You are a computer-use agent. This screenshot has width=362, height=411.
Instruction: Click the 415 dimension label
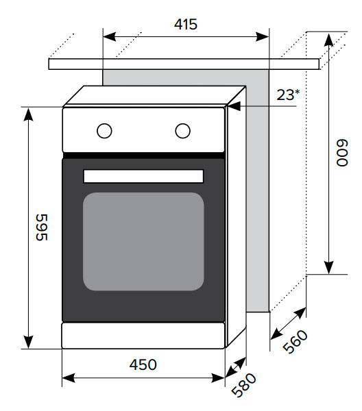[x=186, y=24]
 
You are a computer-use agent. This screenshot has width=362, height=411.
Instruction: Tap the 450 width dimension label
[x=143, y=364]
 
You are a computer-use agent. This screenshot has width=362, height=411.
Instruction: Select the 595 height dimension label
[x=41, y=227]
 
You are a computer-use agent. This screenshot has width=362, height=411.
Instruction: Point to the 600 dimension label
[x=342, y=153]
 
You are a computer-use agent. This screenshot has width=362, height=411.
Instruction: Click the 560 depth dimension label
[x=295, y=342]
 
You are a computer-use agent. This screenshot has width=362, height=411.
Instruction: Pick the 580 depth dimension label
[x=243, y=385]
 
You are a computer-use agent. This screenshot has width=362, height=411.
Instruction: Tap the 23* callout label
[x=288, y=95]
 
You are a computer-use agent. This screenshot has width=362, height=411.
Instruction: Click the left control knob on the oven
[x=104, y=131]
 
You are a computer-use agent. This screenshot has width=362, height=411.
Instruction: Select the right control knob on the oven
[x=183, y=131]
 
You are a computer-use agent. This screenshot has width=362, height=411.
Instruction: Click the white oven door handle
[x=143, y=176]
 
